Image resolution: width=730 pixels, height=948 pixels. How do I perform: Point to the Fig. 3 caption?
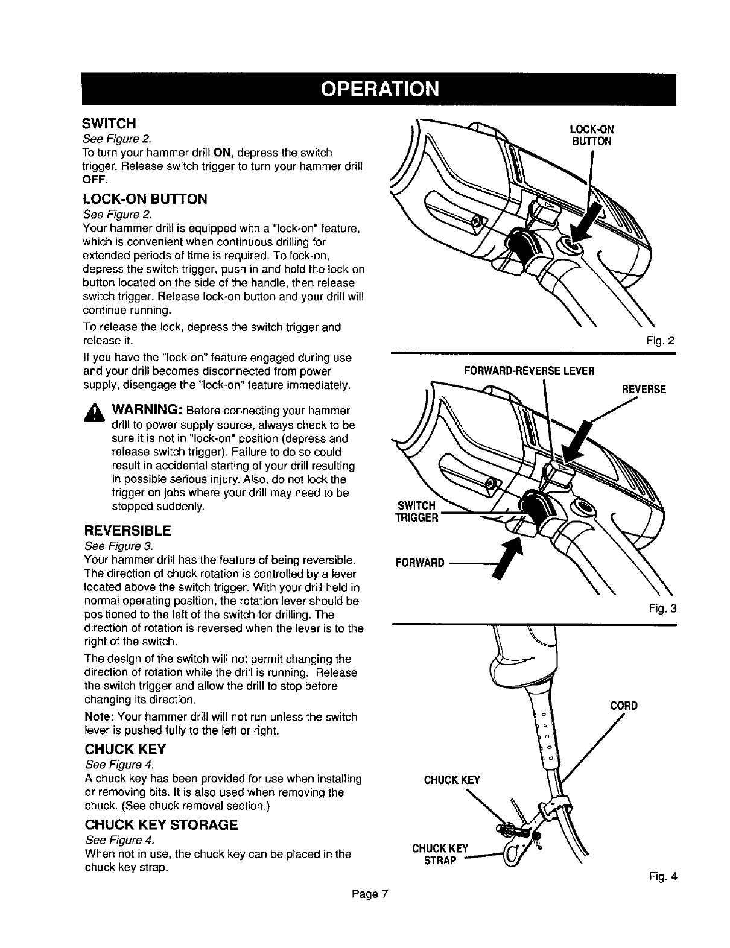[x=661, y=608]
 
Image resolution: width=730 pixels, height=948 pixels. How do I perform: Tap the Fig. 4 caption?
[x=662, y=877]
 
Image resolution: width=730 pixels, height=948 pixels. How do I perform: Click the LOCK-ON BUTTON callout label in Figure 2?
[x=591, y=136]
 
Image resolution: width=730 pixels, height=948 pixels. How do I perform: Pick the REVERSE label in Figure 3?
[x=643, y=389]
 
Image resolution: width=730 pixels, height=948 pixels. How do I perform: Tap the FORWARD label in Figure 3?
[x=419, y=563]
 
